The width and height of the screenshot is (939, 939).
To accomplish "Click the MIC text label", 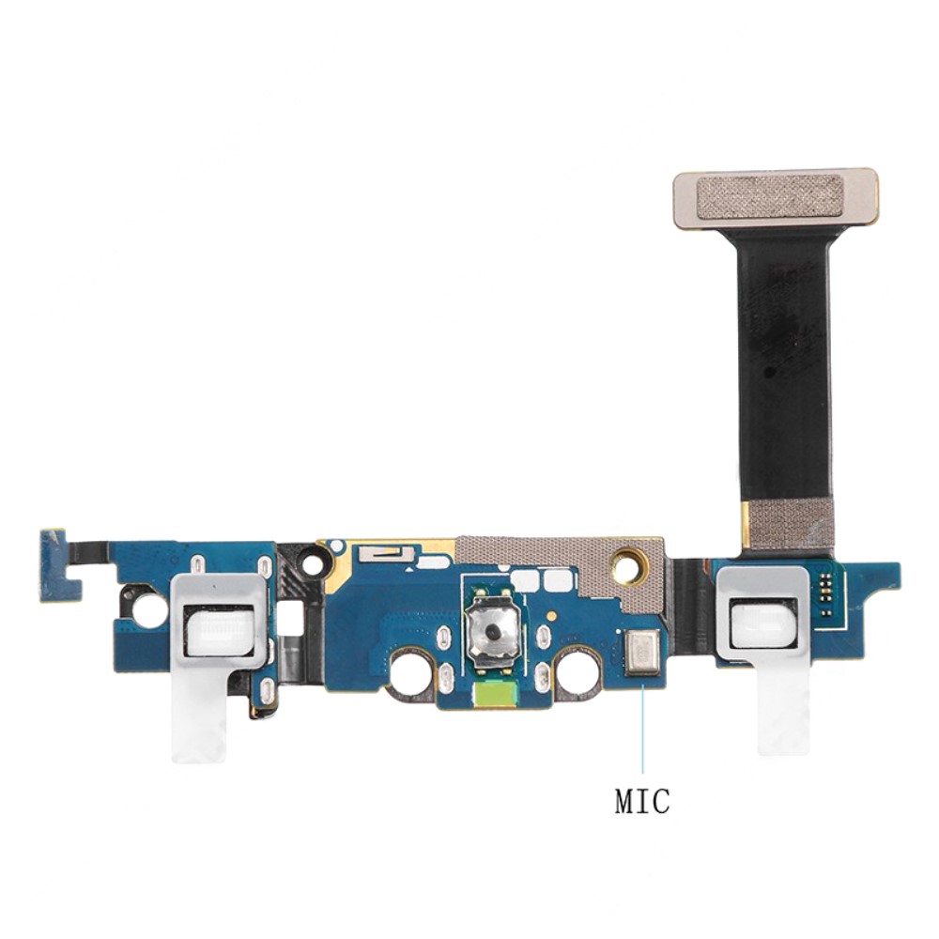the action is [642, 801].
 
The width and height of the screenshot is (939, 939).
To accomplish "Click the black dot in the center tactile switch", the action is [492, 629].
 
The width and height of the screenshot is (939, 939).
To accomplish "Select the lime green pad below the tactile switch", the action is [495, 695].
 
